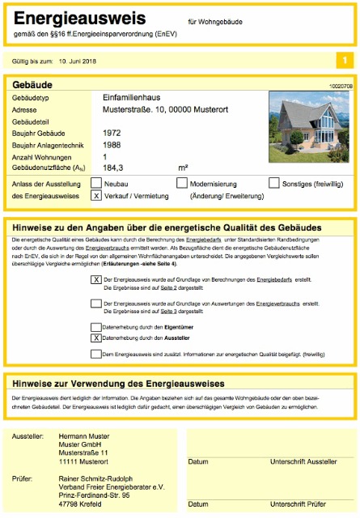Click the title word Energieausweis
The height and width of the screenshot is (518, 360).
coord(79,19)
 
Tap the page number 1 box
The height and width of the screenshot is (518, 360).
coord(345,61)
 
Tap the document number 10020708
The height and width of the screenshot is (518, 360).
coord(341,84)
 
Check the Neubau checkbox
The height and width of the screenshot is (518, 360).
coord(97,184)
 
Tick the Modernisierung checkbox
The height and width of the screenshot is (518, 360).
coord(182,184)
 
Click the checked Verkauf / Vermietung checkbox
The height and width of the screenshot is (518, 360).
coord(97,196)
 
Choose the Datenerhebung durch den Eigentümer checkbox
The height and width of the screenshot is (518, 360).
coord(97,327)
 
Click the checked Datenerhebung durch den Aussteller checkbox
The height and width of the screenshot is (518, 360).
coord(97,338)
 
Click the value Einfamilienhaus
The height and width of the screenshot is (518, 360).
coord(133,97)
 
